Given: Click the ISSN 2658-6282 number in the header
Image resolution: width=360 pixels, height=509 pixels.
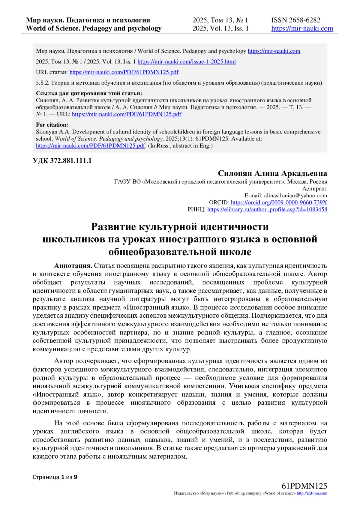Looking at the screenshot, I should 295,20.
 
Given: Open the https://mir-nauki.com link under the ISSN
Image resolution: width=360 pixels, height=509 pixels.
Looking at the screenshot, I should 302,28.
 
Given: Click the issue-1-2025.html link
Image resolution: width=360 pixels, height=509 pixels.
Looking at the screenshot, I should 187,62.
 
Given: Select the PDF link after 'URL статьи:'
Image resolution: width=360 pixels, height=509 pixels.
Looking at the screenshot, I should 124,72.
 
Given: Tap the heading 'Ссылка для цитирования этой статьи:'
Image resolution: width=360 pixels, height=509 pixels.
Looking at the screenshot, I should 89,93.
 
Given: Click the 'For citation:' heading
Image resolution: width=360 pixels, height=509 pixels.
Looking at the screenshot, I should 52,125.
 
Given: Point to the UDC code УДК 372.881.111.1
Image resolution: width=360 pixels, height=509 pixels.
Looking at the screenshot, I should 62,161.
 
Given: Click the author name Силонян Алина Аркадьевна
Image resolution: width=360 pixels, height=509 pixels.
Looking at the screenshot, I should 272,173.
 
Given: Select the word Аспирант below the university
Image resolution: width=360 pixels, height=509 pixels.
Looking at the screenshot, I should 314,189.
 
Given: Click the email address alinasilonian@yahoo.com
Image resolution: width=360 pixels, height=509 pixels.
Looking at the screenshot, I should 295,196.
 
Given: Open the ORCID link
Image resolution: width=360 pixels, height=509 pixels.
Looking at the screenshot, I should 279,202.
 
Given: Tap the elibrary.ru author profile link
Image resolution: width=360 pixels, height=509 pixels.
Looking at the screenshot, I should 267,210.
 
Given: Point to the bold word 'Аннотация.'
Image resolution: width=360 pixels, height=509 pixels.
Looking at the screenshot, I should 73,266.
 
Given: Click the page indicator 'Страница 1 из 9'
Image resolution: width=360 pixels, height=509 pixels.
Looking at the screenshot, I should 55,477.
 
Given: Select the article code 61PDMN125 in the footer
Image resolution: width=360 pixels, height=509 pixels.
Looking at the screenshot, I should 304,486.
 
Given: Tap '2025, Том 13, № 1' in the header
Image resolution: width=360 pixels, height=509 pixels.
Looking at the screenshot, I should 220,20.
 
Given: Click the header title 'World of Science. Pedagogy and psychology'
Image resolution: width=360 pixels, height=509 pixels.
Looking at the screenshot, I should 94,28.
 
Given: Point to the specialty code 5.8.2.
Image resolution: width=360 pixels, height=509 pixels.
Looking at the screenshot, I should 41,83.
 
